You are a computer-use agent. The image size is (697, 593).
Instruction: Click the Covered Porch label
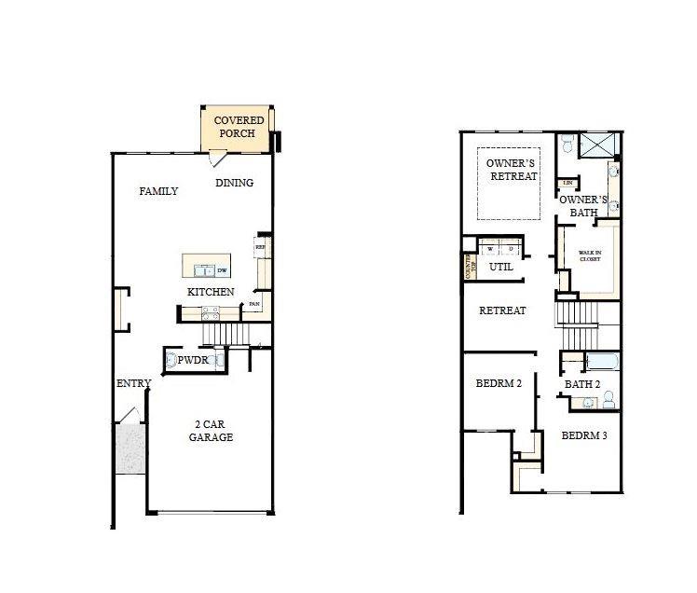pos(239,127)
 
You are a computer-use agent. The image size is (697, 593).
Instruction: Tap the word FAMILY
pos(158,191)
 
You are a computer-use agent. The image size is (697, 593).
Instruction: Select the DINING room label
pos(234,183)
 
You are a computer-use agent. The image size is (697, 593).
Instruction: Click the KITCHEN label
pos(211,292)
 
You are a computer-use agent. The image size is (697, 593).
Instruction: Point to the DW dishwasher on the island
pos(222,271)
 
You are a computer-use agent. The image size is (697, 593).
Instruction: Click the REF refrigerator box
pos(260,247)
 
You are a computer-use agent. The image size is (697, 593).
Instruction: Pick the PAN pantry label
pos(254,304)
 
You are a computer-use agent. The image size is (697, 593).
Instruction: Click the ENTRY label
pos(133,384)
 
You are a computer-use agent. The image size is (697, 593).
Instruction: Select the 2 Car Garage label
pos(211,431)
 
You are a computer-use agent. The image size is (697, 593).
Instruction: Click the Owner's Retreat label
pos(512,170)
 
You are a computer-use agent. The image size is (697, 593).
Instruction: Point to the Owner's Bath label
pos(584,206)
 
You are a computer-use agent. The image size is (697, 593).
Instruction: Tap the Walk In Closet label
pos(589,255)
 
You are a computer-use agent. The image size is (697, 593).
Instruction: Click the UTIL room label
pos(501,267)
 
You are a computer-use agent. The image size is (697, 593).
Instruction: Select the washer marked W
pos(489,249)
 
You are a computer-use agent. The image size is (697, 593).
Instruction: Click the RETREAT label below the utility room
pos(502,310)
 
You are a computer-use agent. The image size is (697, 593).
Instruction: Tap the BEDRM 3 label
pos(584,435)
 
